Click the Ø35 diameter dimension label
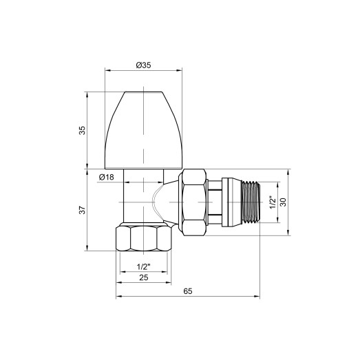coord(144,65)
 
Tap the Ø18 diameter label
coord(106,178)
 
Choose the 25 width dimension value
coord(144,277)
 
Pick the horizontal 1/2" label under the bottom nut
coord(144,265)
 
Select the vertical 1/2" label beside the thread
coord(272,202)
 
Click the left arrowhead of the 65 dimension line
coord(119,297)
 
